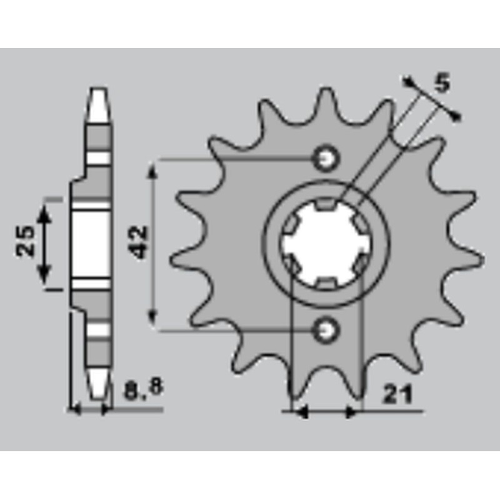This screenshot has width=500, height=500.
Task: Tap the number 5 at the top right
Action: point(442,83)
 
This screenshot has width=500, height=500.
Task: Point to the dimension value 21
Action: point(397,395)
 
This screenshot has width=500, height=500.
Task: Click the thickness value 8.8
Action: point(143,391)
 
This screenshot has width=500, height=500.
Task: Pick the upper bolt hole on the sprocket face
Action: point(326,158)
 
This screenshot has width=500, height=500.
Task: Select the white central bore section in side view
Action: point(91,245)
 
